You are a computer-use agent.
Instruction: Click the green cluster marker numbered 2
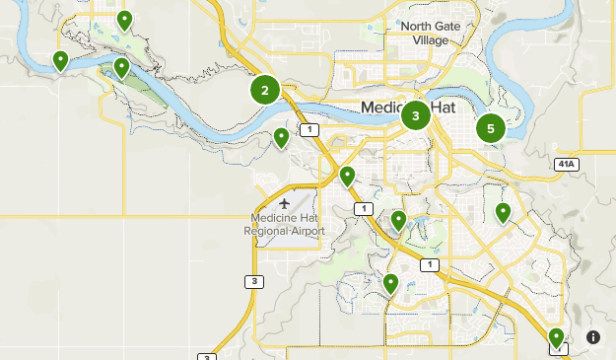point(264,91)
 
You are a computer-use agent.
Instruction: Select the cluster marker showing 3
point(416,115)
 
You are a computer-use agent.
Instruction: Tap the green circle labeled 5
point(490,128)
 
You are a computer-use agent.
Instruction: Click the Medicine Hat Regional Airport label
point(285,224)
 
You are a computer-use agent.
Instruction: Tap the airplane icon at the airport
point(286,204)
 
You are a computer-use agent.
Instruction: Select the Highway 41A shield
point(566,164)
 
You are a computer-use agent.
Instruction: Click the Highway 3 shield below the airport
point(254,282)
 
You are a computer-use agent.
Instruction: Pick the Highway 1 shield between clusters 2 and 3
point(311,130)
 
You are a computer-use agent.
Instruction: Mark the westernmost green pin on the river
point(61,61)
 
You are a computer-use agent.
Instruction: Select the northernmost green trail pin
point(124,19)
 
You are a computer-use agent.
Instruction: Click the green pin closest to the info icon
point(557,337)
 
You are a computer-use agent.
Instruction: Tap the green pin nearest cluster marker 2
point(281,137)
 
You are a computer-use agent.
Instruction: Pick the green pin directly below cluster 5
point(503,211)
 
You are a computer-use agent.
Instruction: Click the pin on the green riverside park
point(121,67)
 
